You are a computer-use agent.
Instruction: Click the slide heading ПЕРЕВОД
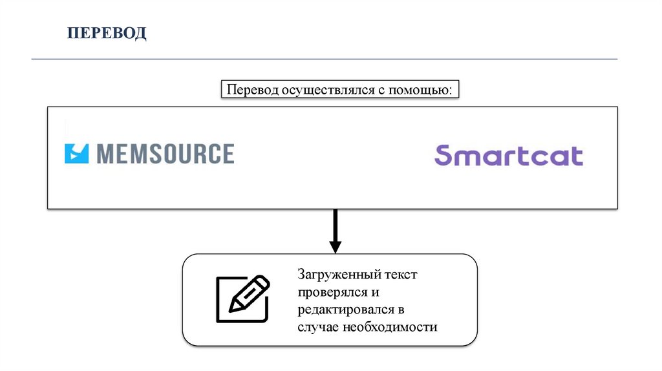(x=108, y=32)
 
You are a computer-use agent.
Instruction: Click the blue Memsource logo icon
(x=76, y=153)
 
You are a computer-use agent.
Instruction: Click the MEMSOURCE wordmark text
(x=165, y=153)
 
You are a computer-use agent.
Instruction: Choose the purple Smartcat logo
(x=508, y=156)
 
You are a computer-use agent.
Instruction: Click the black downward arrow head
(x=335, y=246)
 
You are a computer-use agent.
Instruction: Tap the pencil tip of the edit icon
(x=231, y=310)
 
